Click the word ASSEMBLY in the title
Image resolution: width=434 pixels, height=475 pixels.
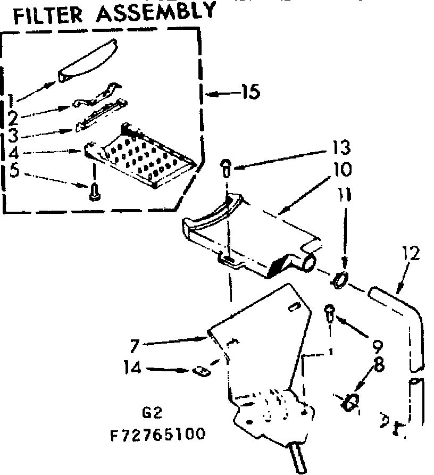(156, 12)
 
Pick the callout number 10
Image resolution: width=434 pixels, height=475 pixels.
(341, 170)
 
